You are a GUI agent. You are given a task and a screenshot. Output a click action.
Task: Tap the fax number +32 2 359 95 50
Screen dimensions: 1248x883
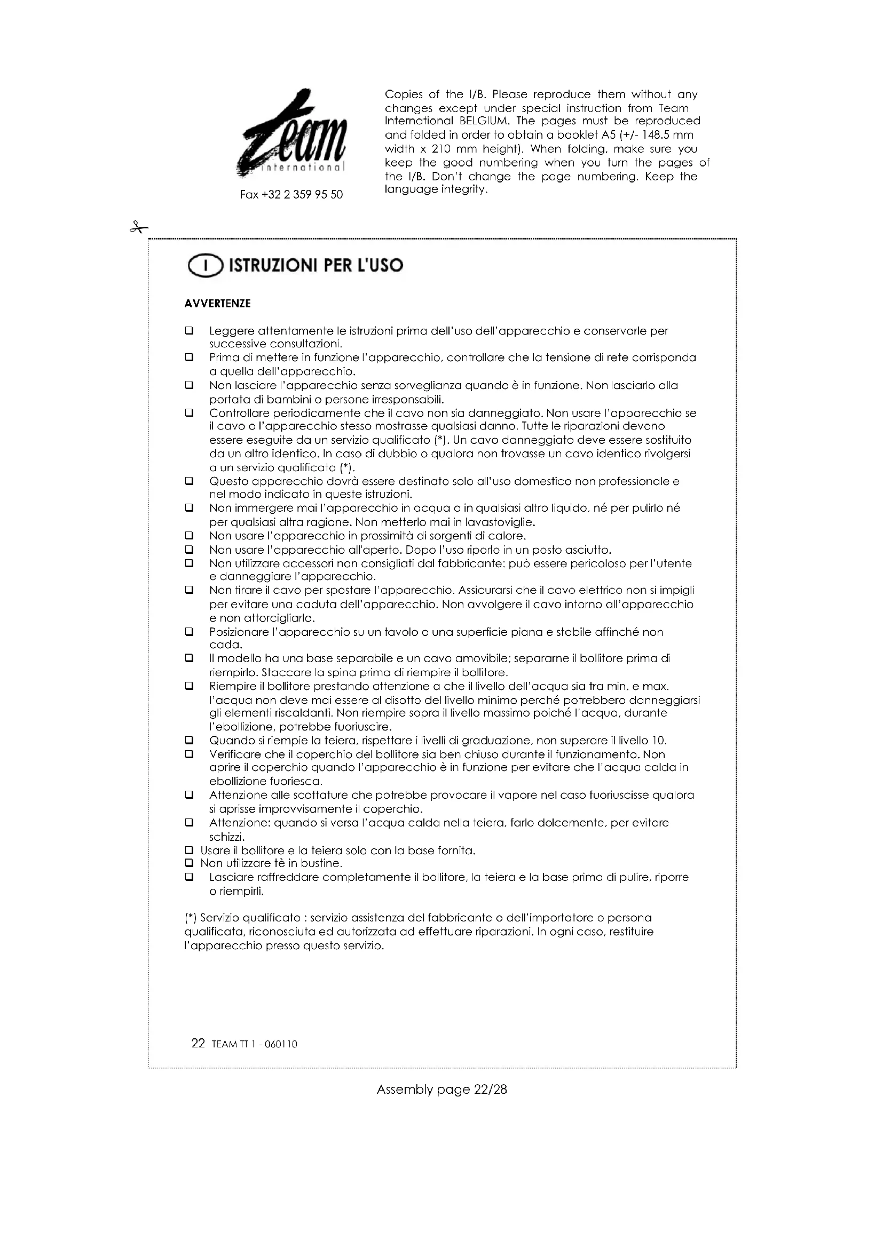(x=291, y=195)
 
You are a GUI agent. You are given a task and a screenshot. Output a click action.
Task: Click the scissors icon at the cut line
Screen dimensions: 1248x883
(x=139, y=228)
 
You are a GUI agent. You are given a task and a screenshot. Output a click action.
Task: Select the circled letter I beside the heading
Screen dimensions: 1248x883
(x=205, y=266)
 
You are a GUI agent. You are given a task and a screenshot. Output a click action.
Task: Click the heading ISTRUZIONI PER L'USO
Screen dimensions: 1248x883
(x=316, y=266)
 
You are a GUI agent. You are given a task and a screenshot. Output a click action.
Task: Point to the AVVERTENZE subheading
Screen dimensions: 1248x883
(x=217, y=304)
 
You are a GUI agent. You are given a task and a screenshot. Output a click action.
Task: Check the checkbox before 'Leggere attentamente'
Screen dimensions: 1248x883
(x=189, y=330)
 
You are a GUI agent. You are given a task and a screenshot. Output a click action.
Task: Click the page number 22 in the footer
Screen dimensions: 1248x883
(x=198, y=1043)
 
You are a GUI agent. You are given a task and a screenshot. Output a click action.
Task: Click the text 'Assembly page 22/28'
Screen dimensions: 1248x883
(x=441, y=1090)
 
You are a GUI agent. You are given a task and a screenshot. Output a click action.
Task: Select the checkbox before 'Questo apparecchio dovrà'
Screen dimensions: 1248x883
(x=189, y=481)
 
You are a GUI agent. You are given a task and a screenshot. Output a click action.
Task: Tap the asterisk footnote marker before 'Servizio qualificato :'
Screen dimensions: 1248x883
(x=190, y=918)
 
